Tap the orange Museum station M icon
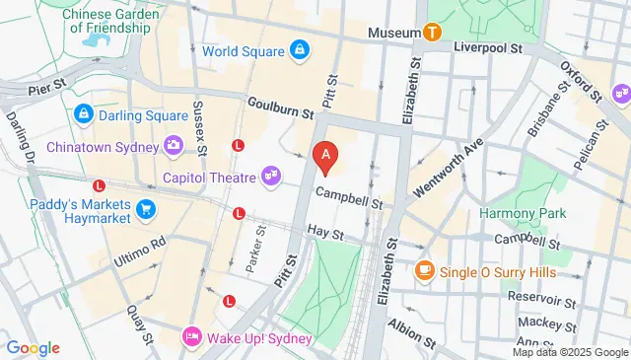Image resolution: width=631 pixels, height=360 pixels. pos(431,33)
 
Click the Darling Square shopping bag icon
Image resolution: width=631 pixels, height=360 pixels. pos(86,113)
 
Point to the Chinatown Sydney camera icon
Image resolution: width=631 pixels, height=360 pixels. pos(174,146)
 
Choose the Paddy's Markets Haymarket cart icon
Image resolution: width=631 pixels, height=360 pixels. pos(146,207)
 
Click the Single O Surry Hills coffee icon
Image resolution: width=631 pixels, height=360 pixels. pos(425,270)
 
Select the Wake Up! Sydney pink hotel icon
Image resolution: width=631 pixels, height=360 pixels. pos(192,336)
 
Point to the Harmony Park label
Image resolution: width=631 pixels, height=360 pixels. pos(520,212)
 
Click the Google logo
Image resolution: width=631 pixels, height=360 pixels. pos(33,347)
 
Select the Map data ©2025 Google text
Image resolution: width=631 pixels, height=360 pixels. pos(569,352)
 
